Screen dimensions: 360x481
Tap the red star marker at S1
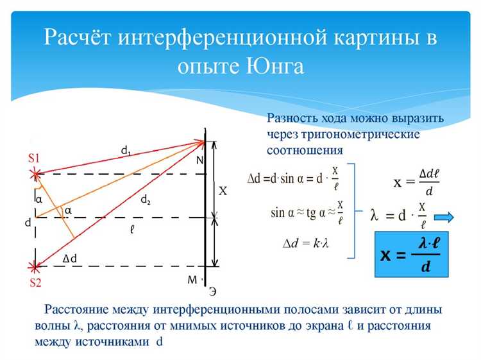tap(37, 173)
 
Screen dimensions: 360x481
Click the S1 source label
tap(33, 158)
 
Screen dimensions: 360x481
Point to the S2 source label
tap(35, 280)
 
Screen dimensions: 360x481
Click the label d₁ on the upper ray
tap(126, 151)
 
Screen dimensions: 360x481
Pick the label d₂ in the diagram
tap(146, 200)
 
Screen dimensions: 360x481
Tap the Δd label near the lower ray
tap(72, 258)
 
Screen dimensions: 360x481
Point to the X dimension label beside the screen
tap(223, 191)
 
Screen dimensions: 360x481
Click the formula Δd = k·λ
tap(305, 243)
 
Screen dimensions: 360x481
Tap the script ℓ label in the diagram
tap(131, 228)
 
